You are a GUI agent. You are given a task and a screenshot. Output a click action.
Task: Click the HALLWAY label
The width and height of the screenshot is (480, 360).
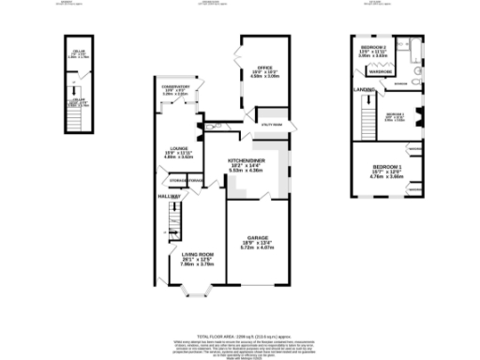168,196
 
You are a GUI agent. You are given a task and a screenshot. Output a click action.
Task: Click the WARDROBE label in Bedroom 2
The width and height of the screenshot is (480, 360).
380,69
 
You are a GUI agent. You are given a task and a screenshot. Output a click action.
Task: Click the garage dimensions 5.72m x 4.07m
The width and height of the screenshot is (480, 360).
259,247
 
